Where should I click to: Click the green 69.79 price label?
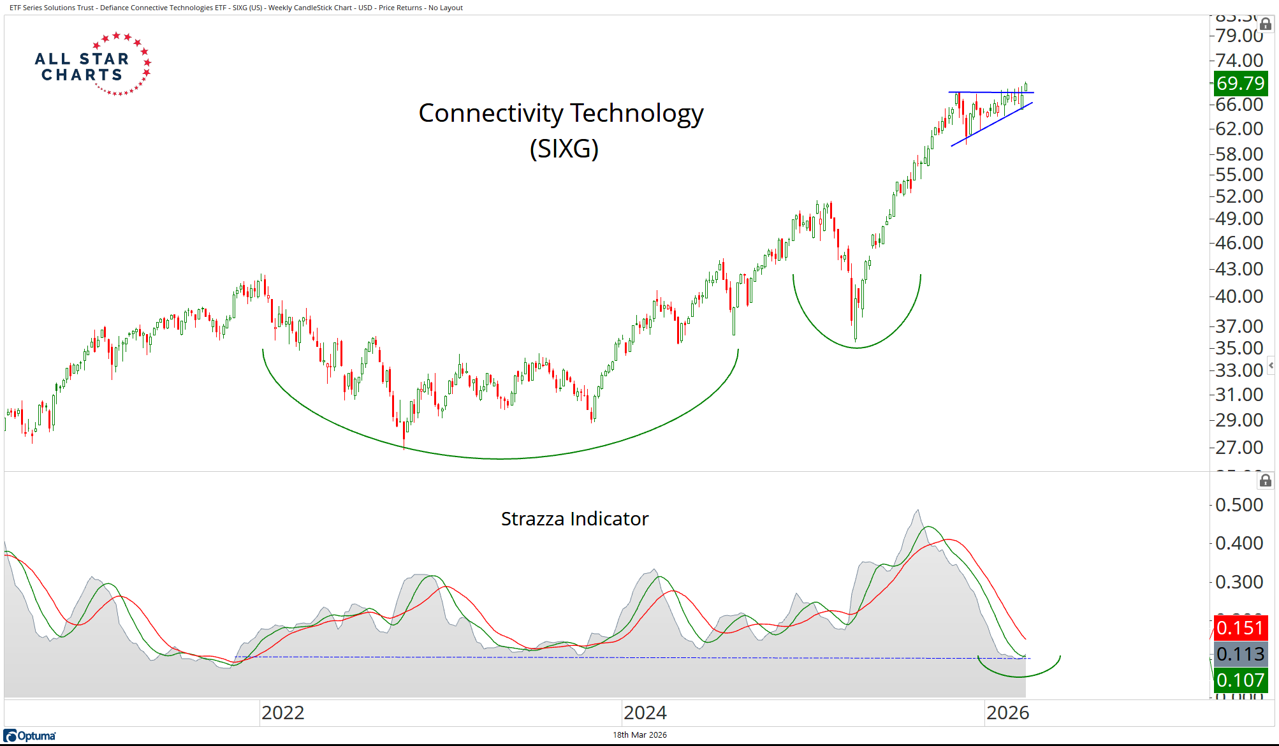pos(1239,84)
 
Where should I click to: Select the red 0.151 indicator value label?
pos(1239,628)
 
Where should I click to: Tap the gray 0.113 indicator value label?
pos(1239,654)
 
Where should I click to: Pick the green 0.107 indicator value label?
pos(1239,680)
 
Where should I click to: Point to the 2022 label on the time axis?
pos(282,712)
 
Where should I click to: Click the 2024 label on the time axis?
pos(645,712)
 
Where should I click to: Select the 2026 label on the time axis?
pos(1007,712)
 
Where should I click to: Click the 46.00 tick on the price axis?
pos(1239,243)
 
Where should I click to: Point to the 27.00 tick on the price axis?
pos(1239,448)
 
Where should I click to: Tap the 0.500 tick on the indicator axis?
pos(1239,505)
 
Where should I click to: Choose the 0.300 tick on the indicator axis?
pos(1239,582)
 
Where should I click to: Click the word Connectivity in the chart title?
pos(490,113)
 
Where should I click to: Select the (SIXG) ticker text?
pos(564,149)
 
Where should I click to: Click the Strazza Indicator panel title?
pos(574,519)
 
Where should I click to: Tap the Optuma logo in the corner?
pos(30,736)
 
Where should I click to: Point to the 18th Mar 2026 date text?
pos(639,735)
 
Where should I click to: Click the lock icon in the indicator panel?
pos(1266,481)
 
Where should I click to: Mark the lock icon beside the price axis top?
pos(1266,24)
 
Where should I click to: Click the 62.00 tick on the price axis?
pos(1239,129)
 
